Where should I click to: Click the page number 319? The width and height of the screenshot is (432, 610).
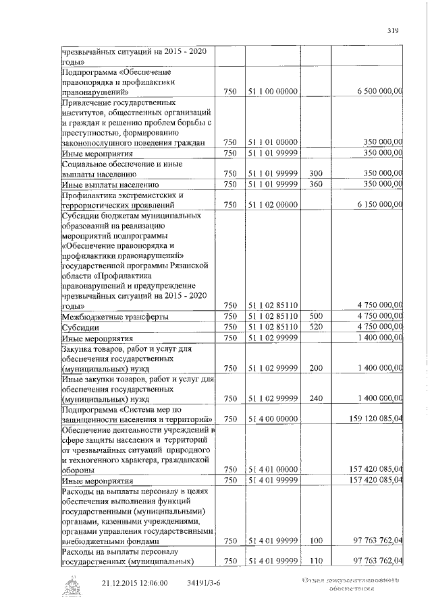[393, 29]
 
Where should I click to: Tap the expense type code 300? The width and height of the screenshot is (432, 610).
[317, 173]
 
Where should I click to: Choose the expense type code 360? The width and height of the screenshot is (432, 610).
[317, 183]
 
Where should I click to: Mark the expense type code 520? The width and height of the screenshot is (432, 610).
[317, 326]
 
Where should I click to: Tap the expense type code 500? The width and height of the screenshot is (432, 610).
[317, 316]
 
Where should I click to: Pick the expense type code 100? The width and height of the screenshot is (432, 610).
[317, 541]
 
